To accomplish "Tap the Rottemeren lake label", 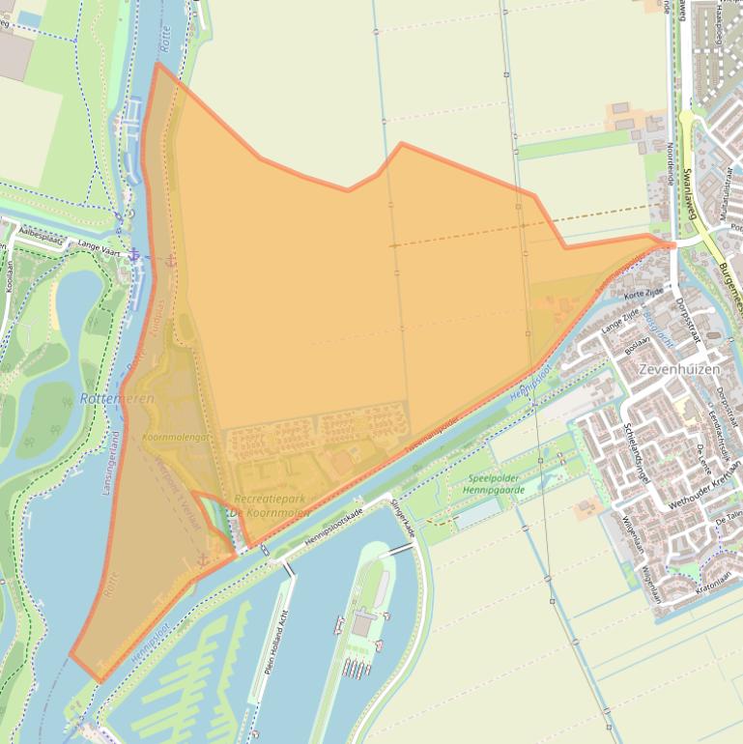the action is [x=117, y=398].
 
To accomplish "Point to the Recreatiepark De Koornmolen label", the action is [x=271, y=505].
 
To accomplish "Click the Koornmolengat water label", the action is [x=175, y=438].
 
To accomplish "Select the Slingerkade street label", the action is [x=403, y=519].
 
